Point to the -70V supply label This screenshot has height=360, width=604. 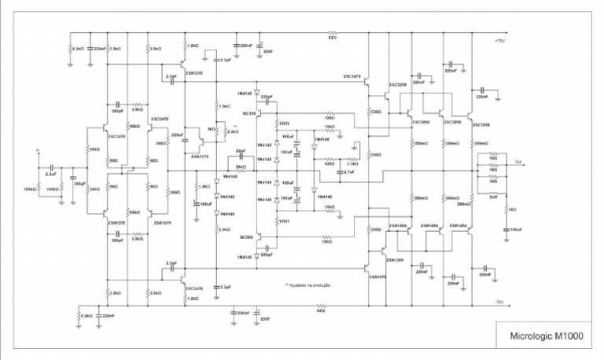coord(499,302)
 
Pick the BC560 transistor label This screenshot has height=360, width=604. coord(247,236)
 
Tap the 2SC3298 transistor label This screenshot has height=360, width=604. coord(397,84)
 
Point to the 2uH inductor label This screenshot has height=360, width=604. coord(493,197)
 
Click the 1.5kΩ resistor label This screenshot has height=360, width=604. coord(224,106)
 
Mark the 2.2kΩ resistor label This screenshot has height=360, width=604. coord(232,131)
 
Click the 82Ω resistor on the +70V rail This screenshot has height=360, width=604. coord(332,38)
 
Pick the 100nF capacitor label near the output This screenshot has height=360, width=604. coord(516,229)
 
